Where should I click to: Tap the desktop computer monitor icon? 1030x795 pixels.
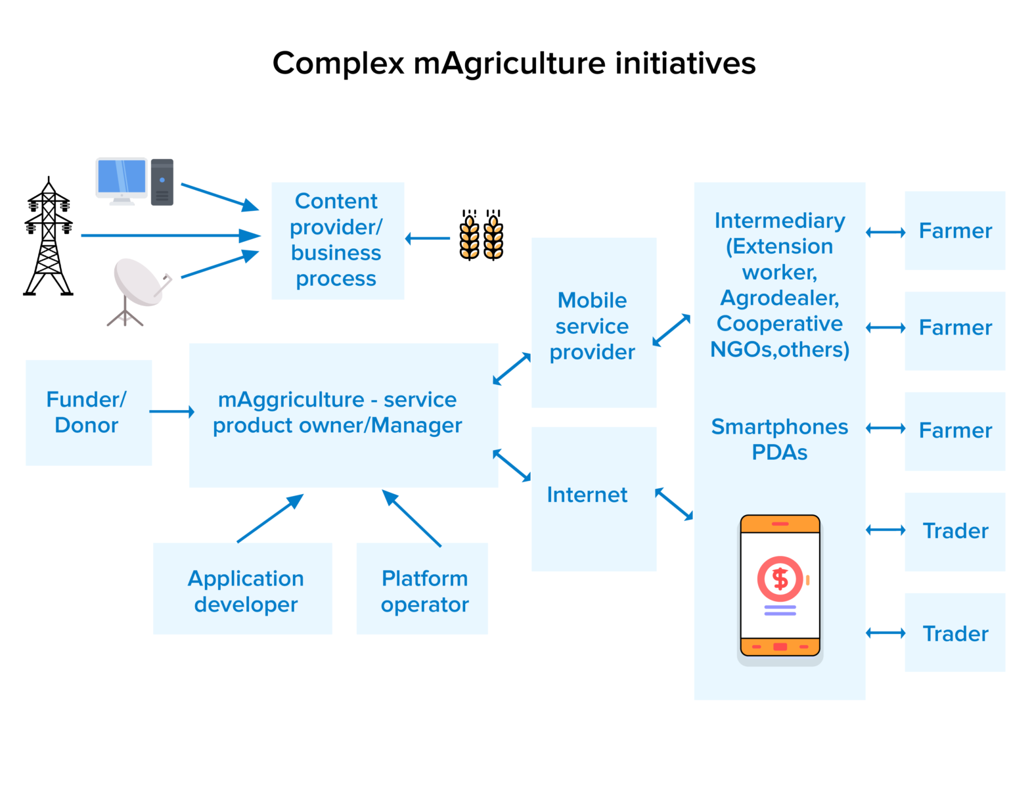122,179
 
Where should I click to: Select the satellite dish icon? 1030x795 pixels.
139,289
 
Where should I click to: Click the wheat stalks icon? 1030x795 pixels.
481,236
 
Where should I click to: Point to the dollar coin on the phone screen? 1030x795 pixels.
780,579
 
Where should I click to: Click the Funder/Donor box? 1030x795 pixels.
88,413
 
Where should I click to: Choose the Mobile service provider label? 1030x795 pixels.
592,326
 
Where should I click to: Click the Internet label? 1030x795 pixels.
587,495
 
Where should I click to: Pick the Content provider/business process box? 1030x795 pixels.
338,240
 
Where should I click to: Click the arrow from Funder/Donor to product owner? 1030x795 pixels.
171,412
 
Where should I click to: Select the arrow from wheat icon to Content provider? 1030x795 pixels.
428,238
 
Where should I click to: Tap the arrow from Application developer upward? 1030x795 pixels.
270,518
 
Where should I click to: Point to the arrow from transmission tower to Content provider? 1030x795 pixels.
171,235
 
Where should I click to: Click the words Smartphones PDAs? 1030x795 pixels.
780,440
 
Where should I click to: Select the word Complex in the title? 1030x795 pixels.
338,64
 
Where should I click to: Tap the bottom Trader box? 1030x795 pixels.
954,633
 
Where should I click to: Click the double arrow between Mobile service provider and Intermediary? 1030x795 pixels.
671,330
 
